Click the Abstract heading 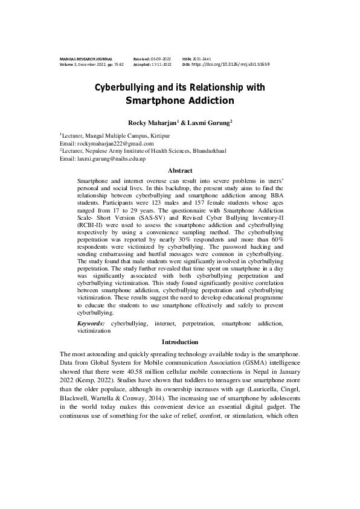[x=179, y=171]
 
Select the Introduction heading [x=179, y=342]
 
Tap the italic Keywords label [x=91, y=324]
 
